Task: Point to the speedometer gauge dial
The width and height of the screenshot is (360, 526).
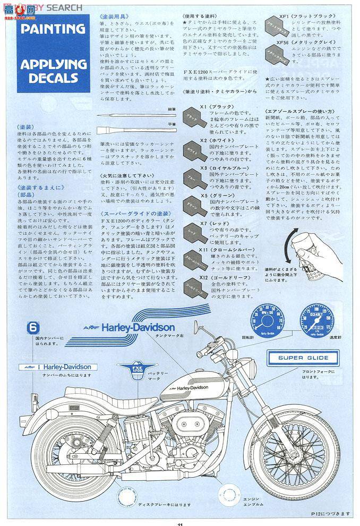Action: pos(313,316)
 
